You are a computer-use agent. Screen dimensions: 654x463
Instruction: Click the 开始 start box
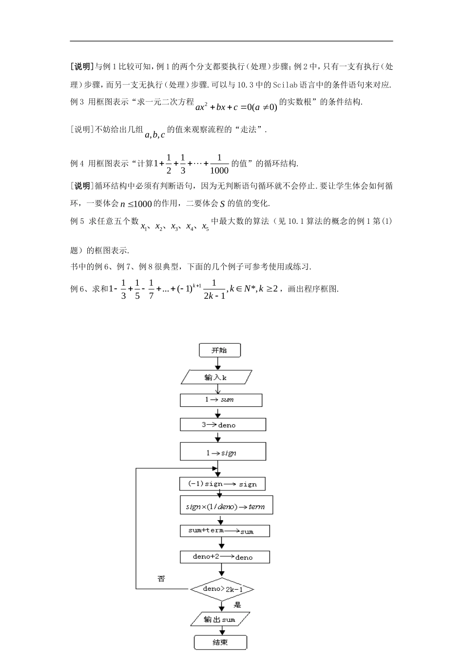click(219, 350)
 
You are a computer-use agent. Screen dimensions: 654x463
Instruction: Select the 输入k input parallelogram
click(216, 377)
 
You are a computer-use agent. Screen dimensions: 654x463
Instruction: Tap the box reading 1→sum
click(221, 400)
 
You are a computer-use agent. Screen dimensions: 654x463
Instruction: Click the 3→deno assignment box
click(223, 425)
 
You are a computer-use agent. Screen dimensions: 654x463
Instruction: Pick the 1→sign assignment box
click(223, 453)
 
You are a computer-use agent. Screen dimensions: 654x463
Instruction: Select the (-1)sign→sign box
click(222, 484)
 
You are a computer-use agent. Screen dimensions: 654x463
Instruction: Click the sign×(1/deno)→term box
click(225, 506)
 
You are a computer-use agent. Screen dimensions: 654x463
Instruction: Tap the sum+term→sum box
click(224, 530)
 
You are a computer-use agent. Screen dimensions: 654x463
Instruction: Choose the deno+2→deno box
click(224, 557)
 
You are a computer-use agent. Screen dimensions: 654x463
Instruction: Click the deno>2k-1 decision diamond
click(222, 589)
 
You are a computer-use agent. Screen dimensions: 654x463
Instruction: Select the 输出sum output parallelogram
click(219, 619)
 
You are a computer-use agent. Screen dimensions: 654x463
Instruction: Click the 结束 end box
click(220, 642)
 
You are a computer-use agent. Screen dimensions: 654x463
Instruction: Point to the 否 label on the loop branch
click(161, 579)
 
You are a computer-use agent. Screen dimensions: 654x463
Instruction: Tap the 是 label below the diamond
click(237, 605)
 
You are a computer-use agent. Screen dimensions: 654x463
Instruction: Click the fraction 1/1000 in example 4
click(219, 164)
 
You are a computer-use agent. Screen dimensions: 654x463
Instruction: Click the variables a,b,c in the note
click(155, 135)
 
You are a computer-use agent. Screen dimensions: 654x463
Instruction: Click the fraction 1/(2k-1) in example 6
click(215, 289)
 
